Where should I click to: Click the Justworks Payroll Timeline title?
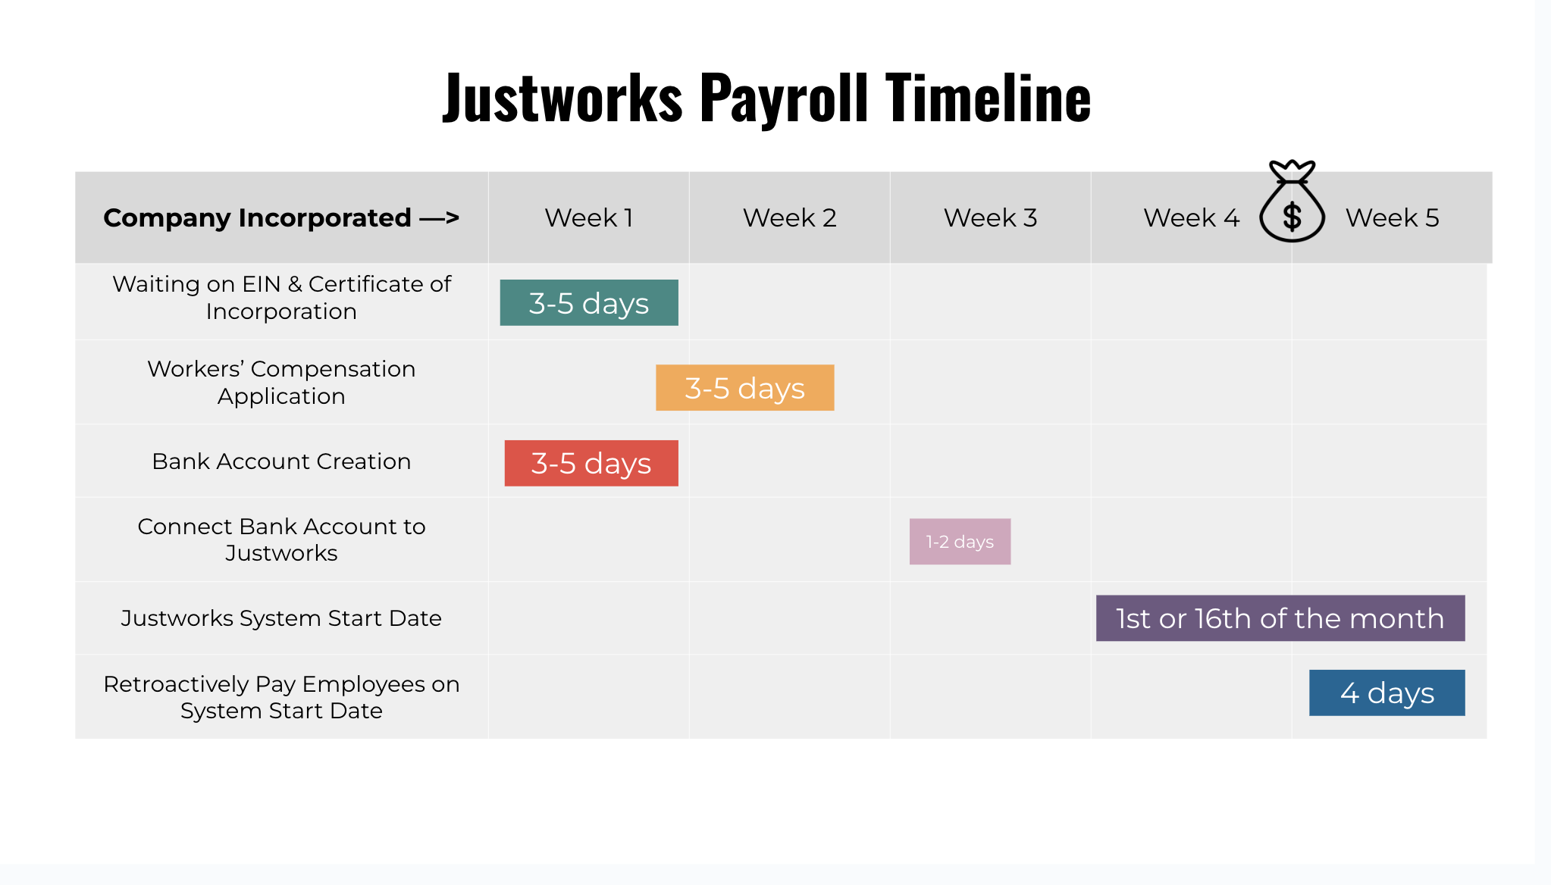766,97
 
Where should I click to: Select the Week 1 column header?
588,218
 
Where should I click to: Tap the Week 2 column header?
789,218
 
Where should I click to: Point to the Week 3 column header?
990,218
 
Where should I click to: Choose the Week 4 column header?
1191,218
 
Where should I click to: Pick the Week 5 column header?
1392,218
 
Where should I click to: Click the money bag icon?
1292,202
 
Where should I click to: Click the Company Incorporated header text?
281,218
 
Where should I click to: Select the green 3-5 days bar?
589,302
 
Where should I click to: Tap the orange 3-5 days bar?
744,387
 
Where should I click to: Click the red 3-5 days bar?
591,463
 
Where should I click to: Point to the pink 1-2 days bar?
960,541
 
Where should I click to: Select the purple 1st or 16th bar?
1280,618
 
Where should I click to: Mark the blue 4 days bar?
1387,693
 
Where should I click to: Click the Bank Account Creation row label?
281,461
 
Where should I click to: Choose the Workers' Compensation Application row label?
281,383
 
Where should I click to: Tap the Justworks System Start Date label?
281,618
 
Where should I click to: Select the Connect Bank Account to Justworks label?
281,539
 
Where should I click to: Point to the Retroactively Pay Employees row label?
281,697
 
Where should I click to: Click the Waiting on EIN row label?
281,298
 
